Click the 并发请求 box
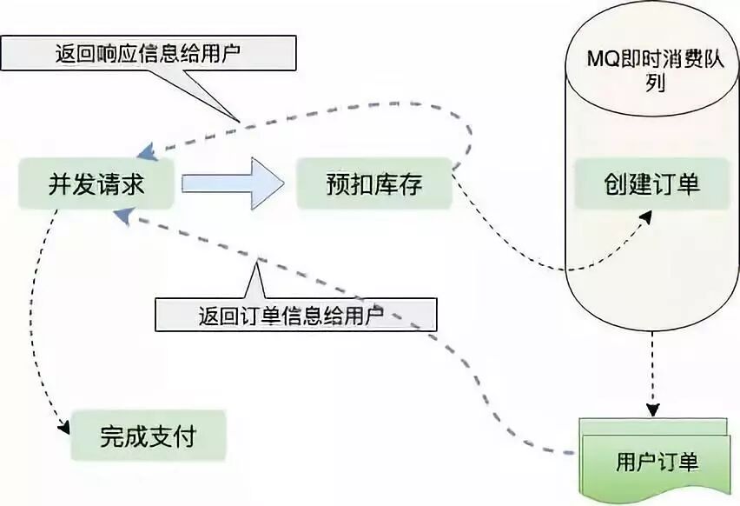point(96,183)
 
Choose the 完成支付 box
point(149,434)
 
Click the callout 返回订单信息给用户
point(295,314)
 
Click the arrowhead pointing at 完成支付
point(63,427)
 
